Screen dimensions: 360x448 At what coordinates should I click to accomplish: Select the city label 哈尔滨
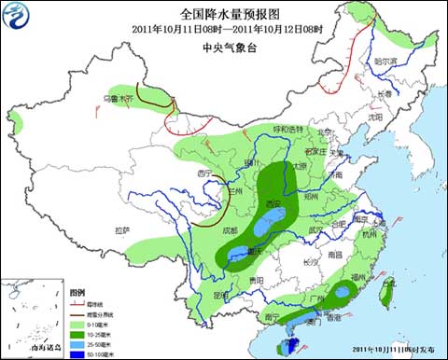(385, 62)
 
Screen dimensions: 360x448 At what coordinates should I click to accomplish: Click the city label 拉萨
(122, 229)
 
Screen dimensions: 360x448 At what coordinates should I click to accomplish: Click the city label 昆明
(220, 294)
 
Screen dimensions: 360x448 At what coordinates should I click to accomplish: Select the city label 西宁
(205, 173)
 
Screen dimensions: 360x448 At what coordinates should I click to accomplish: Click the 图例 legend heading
(77, 292)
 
